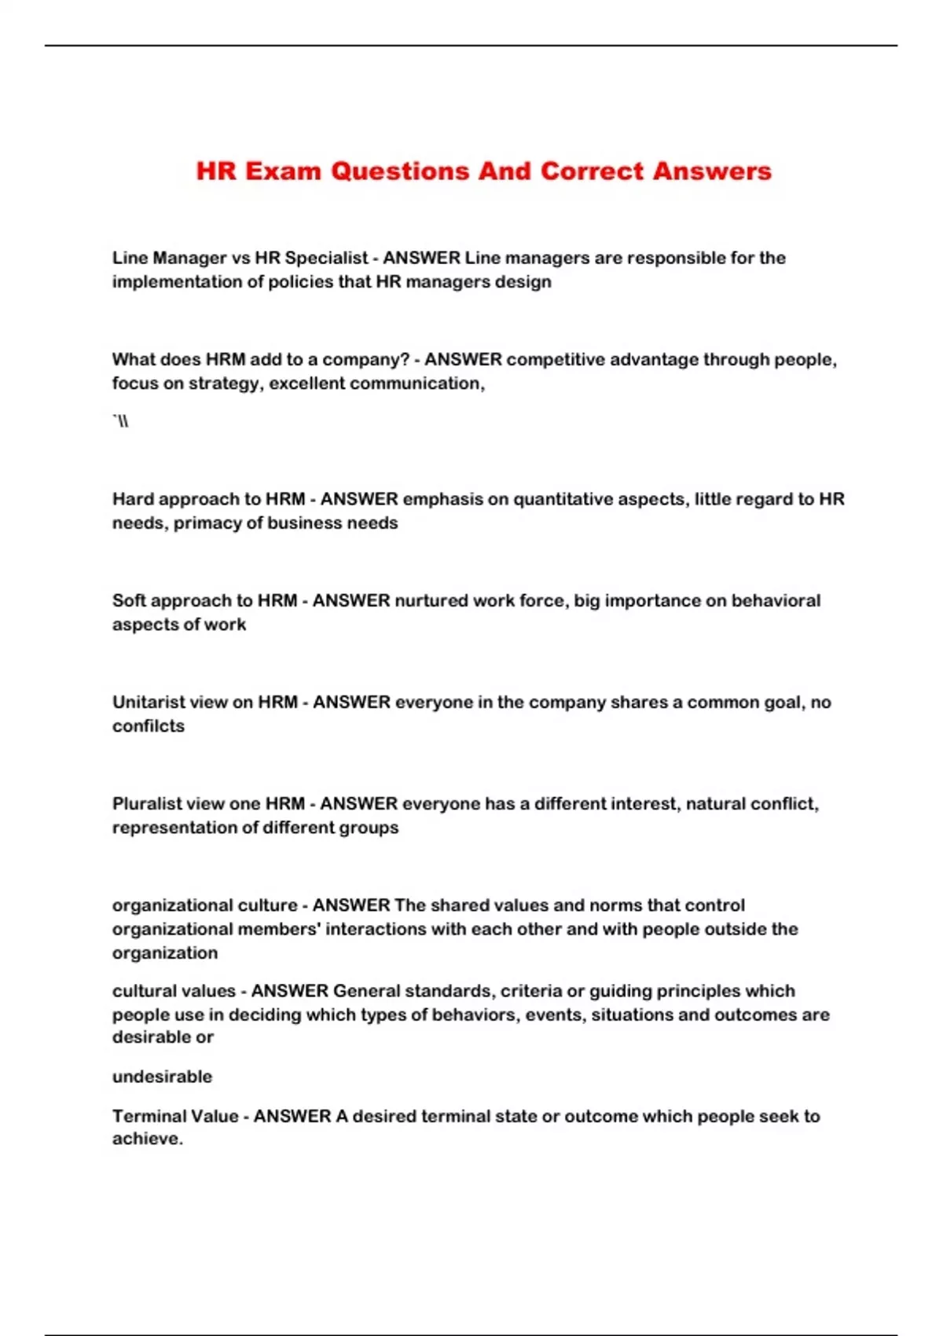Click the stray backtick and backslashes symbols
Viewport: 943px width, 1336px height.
121,422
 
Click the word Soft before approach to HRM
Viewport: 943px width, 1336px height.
129,600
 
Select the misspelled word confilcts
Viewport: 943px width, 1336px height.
149,725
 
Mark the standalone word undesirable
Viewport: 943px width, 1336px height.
162,1077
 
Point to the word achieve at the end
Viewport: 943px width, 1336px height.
147,1139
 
